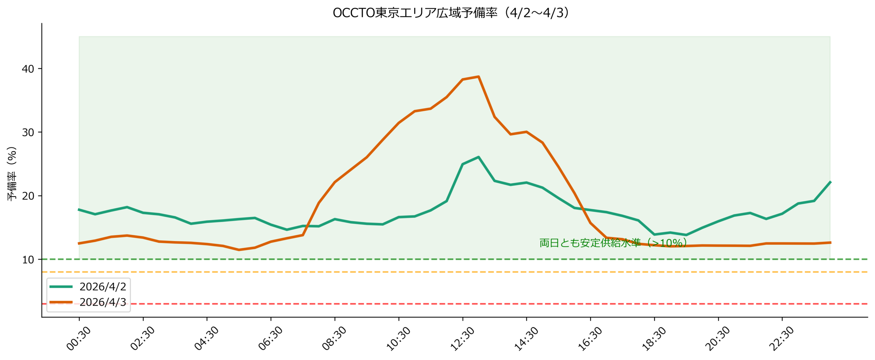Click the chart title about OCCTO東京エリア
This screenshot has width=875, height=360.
(451, 13)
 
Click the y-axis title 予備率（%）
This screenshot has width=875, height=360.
(12, 173)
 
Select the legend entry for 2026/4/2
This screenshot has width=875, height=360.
(103, 286)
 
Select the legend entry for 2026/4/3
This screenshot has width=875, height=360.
(103, 302)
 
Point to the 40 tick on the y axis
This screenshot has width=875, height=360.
(28, 69)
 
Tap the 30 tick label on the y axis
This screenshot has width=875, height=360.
(28, 132)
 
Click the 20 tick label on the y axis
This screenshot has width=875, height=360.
(28, 196)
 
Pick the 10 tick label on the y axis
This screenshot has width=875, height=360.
(28, 259)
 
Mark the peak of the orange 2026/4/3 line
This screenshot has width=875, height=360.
(478, 77)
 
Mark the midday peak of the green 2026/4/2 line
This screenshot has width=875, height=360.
(478, 157)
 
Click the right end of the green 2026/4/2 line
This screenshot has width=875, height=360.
(830, 182)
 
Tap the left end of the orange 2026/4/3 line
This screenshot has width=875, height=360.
(79, 243)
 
